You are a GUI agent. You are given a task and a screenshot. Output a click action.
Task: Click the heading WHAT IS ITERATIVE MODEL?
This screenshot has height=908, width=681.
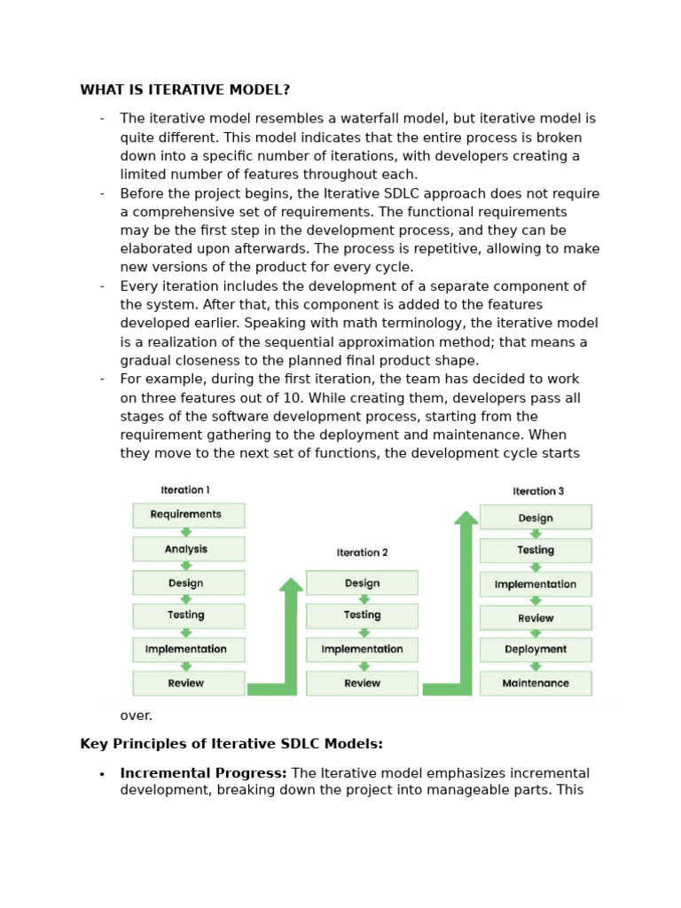[184, 90]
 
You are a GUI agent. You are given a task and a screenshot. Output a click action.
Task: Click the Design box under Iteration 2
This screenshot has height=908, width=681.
[362, 583]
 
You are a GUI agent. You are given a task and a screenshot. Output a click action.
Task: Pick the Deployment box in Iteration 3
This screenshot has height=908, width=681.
[536, 649]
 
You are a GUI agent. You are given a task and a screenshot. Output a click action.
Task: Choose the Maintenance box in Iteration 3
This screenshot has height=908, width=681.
[536, 683]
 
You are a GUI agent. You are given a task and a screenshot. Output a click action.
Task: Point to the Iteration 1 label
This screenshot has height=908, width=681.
[185, 489]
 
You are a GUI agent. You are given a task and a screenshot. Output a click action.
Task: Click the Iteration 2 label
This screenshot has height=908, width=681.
[362, 552]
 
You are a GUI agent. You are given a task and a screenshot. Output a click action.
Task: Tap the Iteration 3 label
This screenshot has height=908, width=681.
[537, 491]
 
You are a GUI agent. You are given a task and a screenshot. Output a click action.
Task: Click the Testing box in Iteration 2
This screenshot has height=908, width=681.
[362, 615]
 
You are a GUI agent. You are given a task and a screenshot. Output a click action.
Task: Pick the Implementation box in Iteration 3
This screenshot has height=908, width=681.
[536, 584]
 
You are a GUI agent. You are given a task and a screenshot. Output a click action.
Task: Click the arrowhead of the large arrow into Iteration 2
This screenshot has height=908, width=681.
[291, 585]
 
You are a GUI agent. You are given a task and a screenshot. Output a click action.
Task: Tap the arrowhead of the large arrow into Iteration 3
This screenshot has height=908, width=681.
[466, 518]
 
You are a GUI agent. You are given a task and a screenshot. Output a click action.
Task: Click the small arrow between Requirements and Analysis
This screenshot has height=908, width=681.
[186, 532]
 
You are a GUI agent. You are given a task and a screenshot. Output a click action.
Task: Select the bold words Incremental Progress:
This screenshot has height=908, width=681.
[203, 773]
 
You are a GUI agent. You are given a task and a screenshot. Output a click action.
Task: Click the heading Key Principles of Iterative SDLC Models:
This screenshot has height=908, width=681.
[231, 744]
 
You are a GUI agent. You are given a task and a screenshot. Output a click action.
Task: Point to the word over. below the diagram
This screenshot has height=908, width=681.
[137, 716]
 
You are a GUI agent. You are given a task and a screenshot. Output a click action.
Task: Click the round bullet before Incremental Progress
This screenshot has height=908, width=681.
[102, 774]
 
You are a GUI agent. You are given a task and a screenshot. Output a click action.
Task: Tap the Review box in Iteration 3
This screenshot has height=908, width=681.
[536, 618]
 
